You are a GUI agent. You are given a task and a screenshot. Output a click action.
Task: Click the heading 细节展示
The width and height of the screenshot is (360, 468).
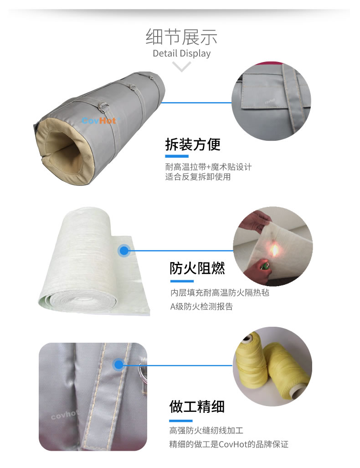coord(181,37)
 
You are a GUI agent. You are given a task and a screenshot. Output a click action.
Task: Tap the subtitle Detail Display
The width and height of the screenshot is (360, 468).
coord(181,53)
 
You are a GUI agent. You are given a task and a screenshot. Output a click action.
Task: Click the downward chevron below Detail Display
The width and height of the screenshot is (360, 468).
coord(181,67)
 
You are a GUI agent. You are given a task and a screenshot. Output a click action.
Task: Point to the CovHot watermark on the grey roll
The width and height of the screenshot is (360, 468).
coord(99,121)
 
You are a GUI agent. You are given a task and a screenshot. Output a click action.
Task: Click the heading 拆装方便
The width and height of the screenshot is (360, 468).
coord(193,144)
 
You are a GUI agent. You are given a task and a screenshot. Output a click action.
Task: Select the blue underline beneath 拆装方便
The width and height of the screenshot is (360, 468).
coord(177,156)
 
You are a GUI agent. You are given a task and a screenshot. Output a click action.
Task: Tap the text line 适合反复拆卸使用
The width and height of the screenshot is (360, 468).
coord(198,177)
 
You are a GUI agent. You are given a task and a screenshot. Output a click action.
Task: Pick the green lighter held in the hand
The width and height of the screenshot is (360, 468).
coord(264,265)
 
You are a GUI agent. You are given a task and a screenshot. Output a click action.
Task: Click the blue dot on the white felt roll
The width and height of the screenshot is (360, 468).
coord(124,251)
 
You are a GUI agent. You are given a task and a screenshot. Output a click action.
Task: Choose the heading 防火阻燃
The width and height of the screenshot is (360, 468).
coord(197,268)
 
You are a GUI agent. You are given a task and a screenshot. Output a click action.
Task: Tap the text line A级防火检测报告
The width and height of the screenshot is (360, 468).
coord(201,306)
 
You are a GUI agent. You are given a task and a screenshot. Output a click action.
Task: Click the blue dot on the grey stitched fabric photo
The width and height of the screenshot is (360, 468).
coord(118,365)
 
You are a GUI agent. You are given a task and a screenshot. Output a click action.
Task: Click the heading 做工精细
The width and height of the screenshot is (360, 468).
coord(197,406)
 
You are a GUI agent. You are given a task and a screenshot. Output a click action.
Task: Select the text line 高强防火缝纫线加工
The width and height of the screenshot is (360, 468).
coord(206,430)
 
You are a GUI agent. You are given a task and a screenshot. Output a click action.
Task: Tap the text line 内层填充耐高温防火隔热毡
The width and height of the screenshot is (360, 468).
coord(220,293)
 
